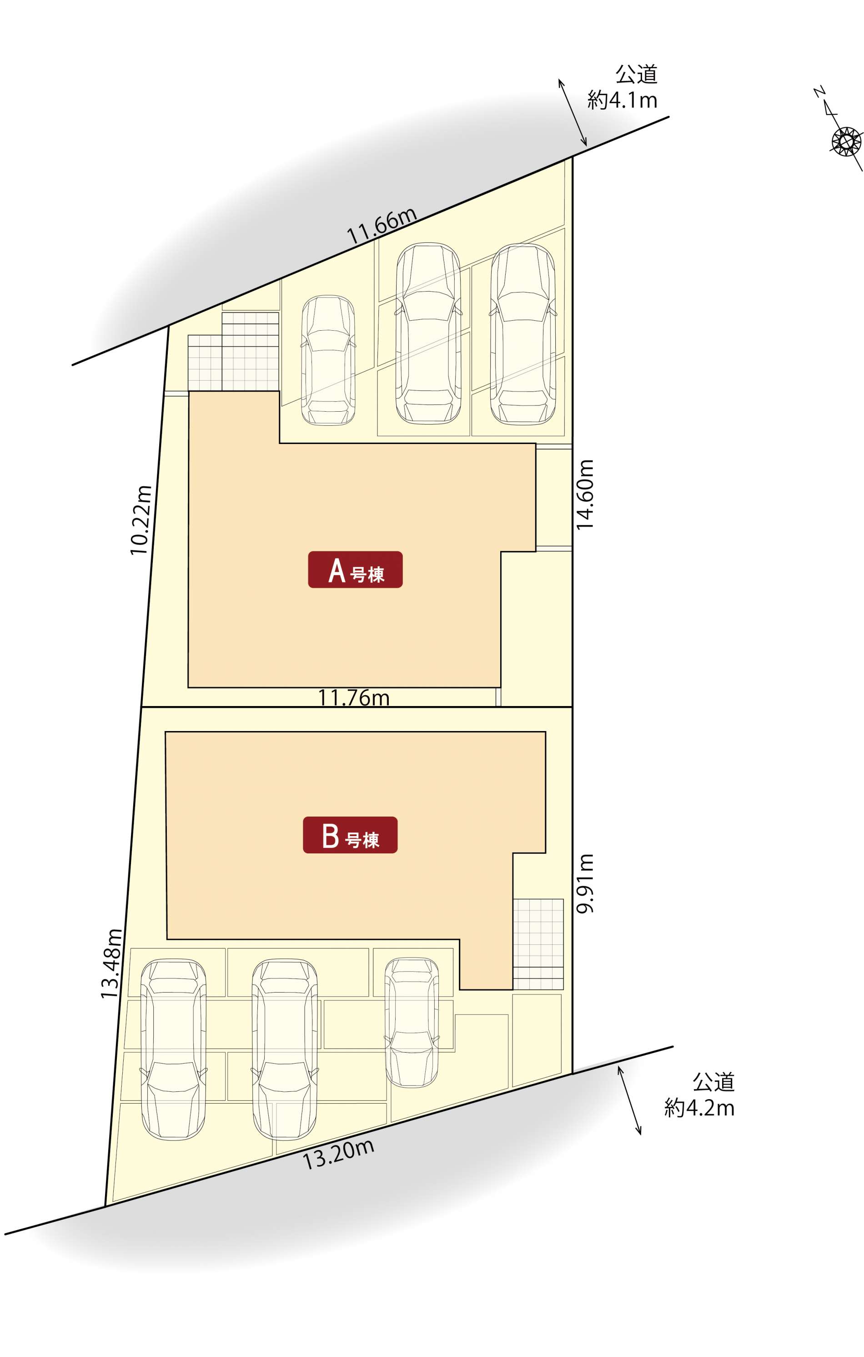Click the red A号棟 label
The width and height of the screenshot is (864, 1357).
[x=355, y=570]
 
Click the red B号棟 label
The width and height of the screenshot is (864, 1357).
[x=350, y=835]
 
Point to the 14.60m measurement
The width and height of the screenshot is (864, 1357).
[x=585, y=494]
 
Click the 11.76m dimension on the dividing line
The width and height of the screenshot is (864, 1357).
[x=354, y=698]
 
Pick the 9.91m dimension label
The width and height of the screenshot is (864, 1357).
[x=585, y=883]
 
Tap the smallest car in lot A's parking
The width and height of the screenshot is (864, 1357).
[x=328, y=360]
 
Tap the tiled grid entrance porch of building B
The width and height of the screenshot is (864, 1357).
[x=538, y=944]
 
